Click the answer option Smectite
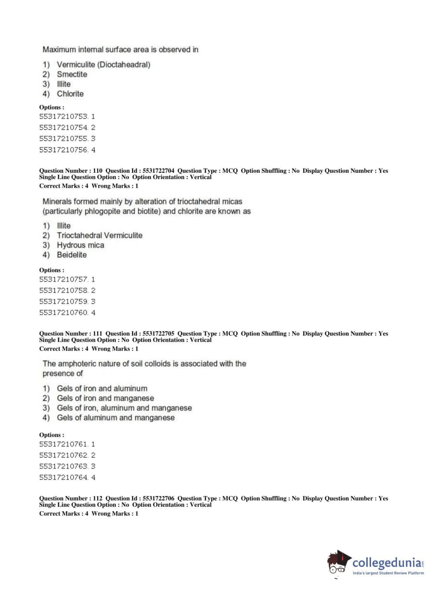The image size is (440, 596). [x=72, y=74]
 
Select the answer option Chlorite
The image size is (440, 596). [x=70, y=94]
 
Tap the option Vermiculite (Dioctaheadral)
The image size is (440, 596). [x=103, y=65]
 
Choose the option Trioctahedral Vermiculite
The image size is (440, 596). [x=99, y=235]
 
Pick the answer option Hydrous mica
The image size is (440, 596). [x=80, y=245]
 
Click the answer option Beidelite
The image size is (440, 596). [x=72, y=254]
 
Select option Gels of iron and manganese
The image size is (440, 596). [x=105, y=398]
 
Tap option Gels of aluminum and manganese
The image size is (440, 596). [x=116, y=418]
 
